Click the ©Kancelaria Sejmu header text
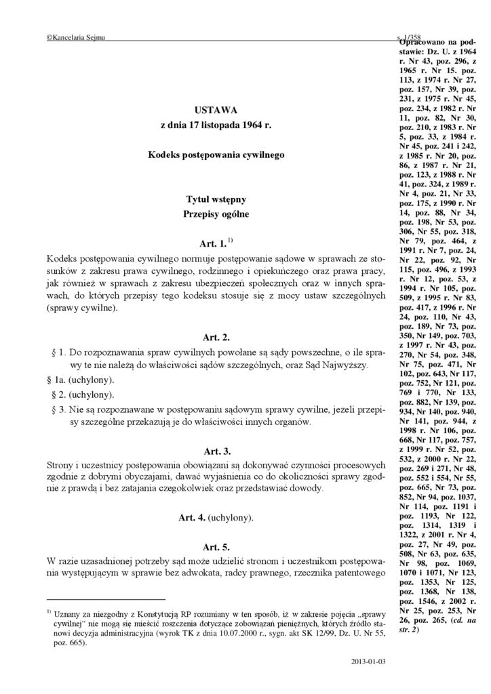pos(75,40)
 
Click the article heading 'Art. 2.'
pos(216,337)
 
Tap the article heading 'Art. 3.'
pos(216,450)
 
